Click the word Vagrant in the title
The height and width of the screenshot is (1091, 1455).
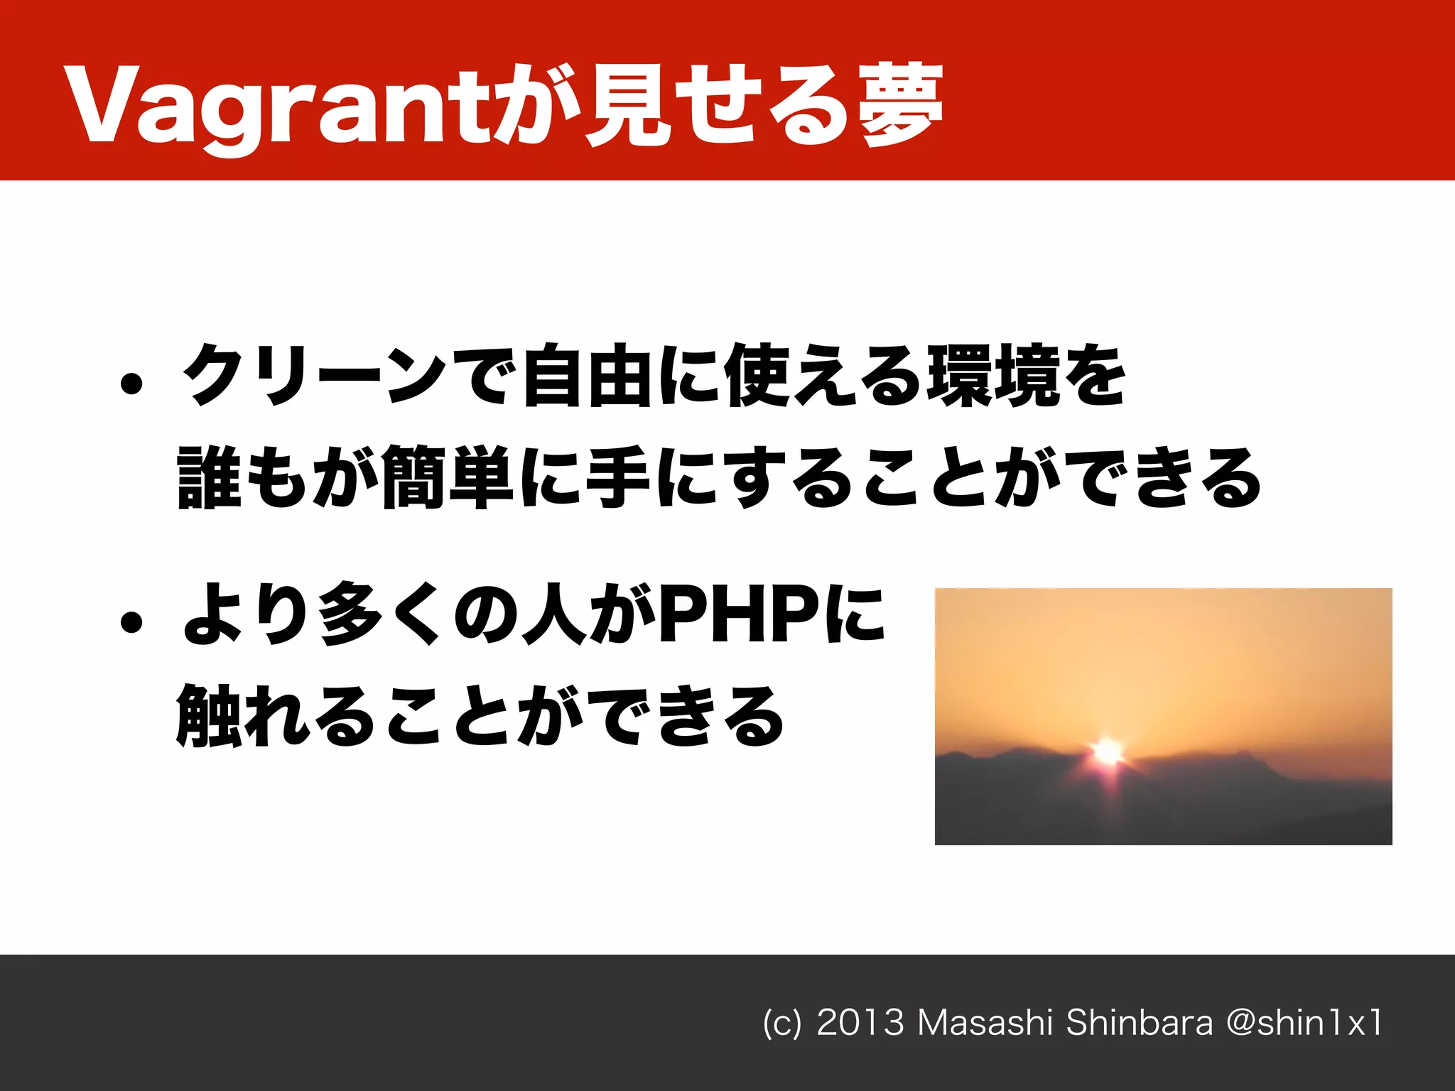pyautogui.click(x=277, y=107)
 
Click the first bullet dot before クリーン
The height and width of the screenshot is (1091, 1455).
pyautogui.click(x=131, y=385)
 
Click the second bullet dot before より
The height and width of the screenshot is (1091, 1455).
pyautogui.click(x=131, y=623)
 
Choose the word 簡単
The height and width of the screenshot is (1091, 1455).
pyautogui.click(x=448, y=477)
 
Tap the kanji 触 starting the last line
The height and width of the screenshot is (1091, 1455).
pyautogui.click(x=208, y=715)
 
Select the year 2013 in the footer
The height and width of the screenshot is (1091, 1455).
pyautogui.click(x=860, y=1023)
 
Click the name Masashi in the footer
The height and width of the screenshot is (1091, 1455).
pyautogui.click(x=985, y=1023)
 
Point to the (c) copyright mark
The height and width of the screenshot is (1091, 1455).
pyautogui.click(x=781, y=1024)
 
